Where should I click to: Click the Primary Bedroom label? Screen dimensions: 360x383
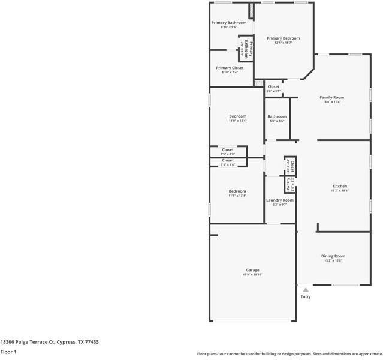click(x=283, y=38)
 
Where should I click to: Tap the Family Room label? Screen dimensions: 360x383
click(x=331, y=97)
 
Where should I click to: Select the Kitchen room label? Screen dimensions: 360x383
click(x=340, y=186)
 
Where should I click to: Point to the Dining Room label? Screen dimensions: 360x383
click(x=334, y=256)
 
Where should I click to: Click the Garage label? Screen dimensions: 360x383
click(x=252, y=270)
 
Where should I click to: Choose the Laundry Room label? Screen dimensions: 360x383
click(x=280, y=200)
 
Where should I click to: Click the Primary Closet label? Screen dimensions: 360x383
click(x=230, y=68)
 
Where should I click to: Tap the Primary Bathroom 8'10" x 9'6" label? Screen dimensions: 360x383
click(x=229, y=23)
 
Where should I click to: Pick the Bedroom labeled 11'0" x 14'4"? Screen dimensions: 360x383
click(x=237, y=116)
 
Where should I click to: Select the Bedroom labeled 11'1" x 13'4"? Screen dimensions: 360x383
click(x=237, y=191)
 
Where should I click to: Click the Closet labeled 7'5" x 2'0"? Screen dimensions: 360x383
click(x=228, y=149)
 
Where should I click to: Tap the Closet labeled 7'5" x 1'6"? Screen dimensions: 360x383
click(x=228, y=160)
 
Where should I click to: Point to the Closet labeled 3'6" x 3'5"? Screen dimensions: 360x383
click(x=273, y=87)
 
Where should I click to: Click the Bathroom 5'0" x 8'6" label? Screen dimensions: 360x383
click(x=277, y=116)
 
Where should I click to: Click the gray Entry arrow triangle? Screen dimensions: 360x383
click(x=306, y=290)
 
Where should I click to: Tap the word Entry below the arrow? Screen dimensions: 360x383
click(x=306, y=296)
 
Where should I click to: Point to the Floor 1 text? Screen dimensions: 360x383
click(x=8, y=352)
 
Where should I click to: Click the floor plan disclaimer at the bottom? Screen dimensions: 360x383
click(x=289, y=353)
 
